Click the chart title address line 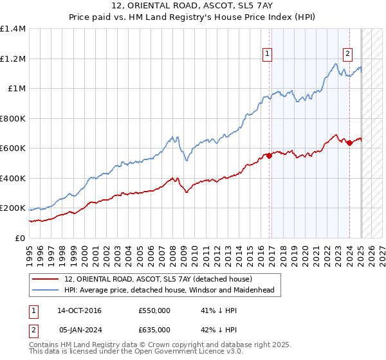[192, 8]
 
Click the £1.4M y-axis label [13, 29]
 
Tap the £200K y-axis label [13, 208]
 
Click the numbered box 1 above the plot [266, 55]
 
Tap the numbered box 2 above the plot [347, 55]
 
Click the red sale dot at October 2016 [270, 156]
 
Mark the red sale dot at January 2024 [349, 143]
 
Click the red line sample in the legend [46, 280]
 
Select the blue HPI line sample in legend [46, 291]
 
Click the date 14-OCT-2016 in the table [79, 311]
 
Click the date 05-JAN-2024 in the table [79, 330]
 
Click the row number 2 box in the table [33, 330]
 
